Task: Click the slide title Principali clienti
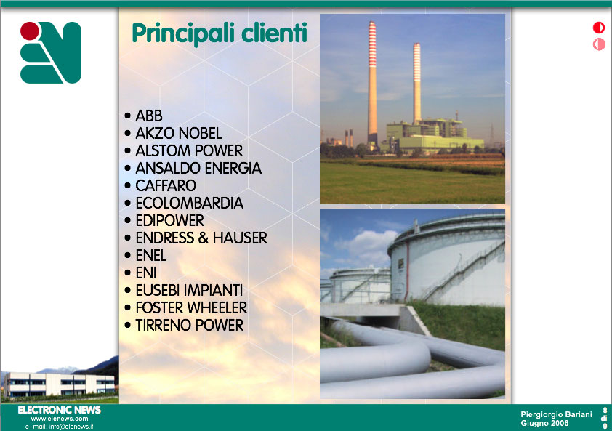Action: coord(220,34)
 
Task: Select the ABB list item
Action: coord(149,116)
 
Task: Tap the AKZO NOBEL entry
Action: coord(179,134)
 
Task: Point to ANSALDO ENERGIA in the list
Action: coord(198,169)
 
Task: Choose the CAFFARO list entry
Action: coord(166,186)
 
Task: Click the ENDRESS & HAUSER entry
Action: coord(201,238)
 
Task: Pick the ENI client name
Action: coord(146,273)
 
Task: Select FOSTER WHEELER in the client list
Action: coord(191,308)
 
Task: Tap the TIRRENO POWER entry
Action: coord(189,325)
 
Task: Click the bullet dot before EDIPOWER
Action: coord(128,220)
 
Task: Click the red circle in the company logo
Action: coord(30,31)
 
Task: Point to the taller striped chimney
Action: coord(372,83)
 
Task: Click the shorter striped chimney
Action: coord(417,83)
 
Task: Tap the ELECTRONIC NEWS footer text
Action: coord(60,410)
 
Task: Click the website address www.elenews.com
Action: coord(60,419)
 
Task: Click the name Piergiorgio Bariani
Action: coord(556,414)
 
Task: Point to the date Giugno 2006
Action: coord(544,423)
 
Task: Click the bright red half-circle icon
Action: coord(599,28)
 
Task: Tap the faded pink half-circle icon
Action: coord(599,44)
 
